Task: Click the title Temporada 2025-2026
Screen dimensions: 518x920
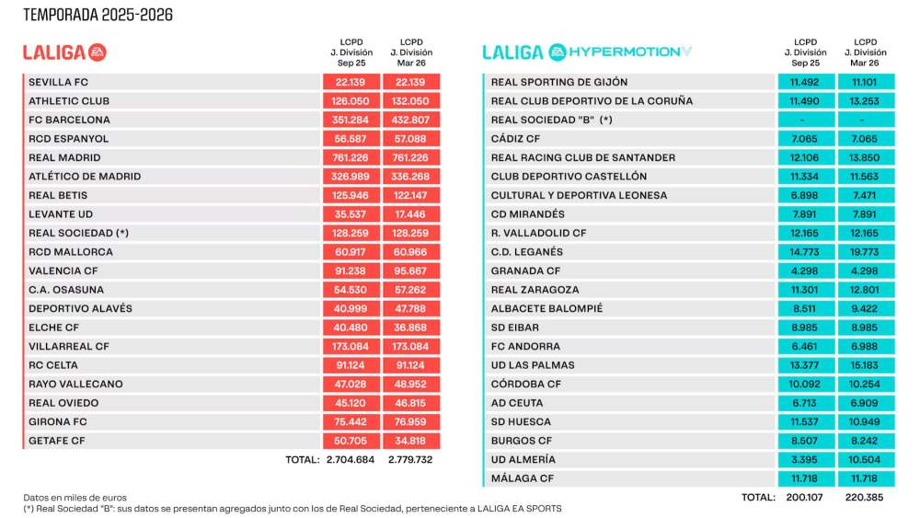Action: click(98, 15)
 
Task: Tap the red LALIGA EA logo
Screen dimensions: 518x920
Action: click(64, 52)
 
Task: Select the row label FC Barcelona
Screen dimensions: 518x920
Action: click(70, 120)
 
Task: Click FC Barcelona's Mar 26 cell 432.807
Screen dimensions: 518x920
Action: click(410, 120)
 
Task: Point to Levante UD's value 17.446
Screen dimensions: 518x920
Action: click(410, 214)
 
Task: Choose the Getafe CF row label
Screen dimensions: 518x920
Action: click(57, 441)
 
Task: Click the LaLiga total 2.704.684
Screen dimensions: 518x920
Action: click(351, 459)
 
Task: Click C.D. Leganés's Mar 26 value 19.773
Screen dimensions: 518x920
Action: click(864, 252)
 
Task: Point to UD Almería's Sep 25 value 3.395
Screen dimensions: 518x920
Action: click(805, 459)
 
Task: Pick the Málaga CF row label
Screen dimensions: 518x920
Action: click(523, 478)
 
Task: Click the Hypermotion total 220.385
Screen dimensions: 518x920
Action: click(864, 497)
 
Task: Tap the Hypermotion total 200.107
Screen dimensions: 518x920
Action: click(805, 497)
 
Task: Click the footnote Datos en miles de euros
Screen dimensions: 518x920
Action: click(75, 497)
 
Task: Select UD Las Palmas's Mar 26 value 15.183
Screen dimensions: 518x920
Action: click(864, 365)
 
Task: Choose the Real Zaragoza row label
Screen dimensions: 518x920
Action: click(535, 290)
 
